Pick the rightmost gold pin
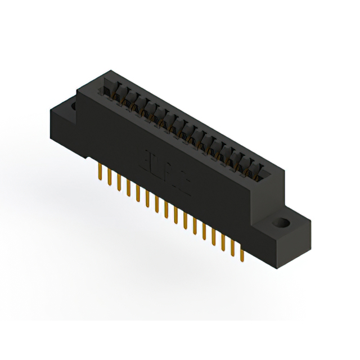pyautogui.click(x=241, y=254)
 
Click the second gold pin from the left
pyautogui.click(x=109, y=177)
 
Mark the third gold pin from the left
pyautogui.click(x=118, y=183)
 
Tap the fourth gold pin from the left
pyautogui.click(x=128, y=188)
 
